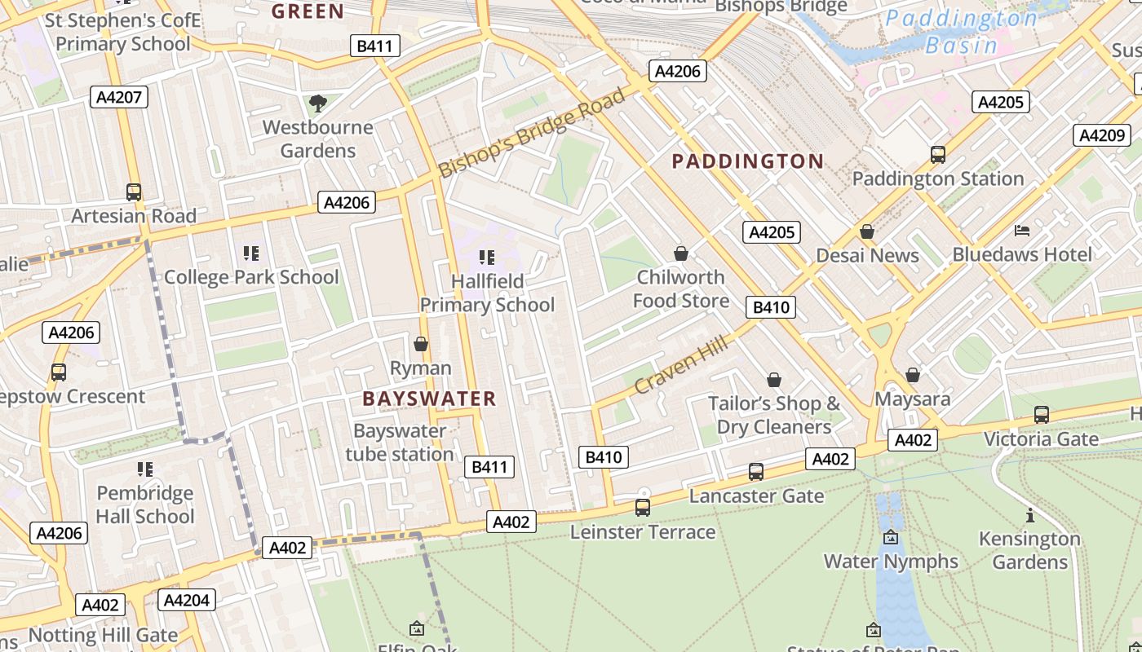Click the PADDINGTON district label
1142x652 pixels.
point(747,161)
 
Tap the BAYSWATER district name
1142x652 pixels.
point(429,399)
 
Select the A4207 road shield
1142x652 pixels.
point(119,98)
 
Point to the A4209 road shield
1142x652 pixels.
point(1101,135)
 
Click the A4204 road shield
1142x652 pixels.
point(187,601)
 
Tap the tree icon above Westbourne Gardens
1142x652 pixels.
point(317,104)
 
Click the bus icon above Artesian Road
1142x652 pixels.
point(134,192)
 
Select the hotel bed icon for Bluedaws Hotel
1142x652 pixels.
point(1022,231)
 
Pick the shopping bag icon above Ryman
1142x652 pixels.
point(421,344)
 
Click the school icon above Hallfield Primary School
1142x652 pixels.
point(487,258)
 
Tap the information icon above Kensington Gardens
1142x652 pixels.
point(1029,515)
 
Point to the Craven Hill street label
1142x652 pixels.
point(680,366)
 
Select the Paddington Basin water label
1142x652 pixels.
point(961,31)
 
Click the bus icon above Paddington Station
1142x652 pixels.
point(938,155)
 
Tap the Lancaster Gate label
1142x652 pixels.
point(756,496)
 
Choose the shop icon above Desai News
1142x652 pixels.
point(867,231)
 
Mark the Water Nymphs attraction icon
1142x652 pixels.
point(891,537)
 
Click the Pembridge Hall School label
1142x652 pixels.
point(145,504)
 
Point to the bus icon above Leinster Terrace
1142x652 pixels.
point(643,508)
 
